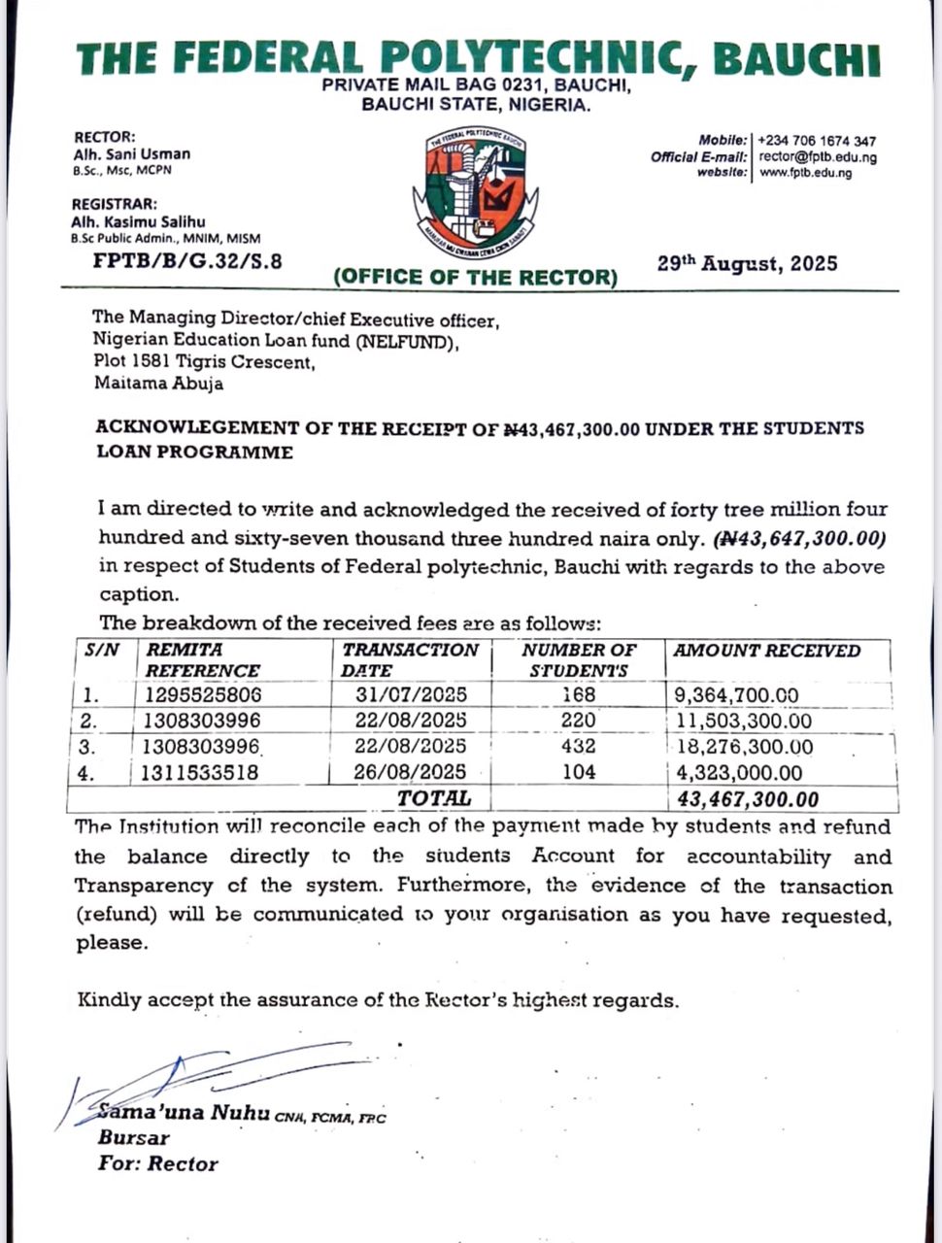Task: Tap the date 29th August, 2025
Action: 747,263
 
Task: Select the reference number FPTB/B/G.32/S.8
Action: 187,260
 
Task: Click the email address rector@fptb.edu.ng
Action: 818,157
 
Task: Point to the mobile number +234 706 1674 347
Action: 817,141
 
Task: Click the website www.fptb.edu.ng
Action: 805,173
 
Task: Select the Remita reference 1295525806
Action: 203,695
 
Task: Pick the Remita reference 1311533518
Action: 203,773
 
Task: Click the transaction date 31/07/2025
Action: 412,695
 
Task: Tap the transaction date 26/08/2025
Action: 412,773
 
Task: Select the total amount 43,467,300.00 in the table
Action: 745,799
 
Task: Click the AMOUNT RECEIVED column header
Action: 766,651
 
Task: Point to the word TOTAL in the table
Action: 433,798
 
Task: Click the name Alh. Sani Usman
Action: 131,153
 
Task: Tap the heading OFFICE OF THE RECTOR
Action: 475,277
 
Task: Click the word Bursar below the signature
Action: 133,1137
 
